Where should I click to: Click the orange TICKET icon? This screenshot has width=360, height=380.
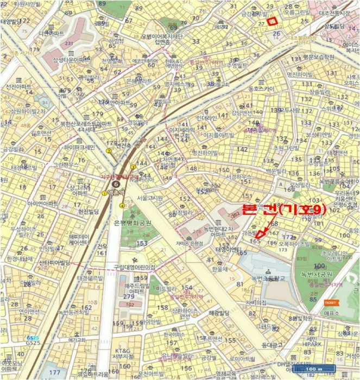[329, 302]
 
